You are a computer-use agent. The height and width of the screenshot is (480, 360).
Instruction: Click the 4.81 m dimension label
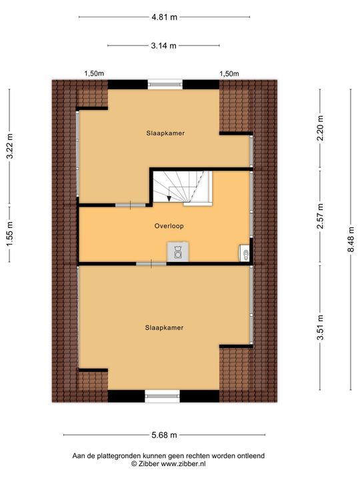[164, 17]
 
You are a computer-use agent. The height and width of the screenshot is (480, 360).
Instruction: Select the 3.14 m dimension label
[164, 46]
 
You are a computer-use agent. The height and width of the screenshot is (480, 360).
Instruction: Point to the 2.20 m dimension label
[321, 129]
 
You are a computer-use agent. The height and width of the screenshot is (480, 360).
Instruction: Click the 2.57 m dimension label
[321, 216]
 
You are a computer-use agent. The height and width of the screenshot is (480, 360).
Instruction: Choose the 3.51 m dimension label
[321, 329]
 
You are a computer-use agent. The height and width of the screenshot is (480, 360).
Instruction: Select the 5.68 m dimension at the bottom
[164, 435]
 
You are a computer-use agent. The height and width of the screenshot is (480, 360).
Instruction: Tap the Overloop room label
[169, 226]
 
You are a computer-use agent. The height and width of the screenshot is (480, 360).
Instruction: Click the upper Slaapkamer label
[165, 133]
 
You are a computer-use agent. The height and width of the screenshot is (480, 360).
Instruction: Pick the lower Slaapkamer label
[164, 327]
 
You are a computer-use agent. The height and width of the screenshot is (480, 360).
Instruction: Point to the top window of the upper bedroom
[164, 84]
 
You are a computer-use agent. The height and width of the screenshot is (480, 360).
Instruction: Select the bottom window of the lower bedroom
[163, 396]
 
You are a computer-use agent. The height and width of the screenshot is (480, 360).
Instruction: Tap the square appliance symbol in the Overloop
[178, 252]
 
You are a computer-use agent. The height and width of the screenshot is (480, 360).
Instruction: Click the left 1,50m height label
[93, 73]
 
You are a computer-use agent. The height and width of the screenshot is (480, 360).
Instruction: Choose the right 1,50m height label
[230, 73]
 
